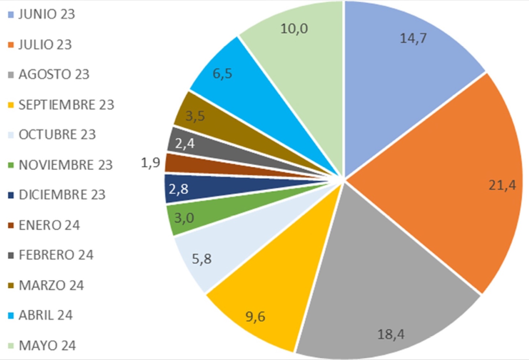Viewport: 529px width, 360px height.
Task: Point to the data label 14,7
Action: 413,38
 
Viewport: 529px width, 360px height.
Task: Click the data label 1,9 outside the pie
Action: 151,162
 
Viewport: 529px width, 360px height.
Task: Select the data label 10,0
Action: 294,29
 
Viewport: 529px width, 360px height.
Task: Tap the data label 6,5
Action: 222,74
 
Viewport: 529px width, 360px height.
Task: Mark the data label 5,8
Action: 202,259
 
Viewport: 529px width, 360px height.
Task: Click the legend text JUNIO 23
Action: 47,14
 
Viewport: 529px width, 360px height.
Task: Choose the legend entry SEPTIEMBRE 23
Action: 66,105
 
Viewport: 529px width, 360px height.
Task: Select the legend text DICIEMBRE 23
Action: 62,195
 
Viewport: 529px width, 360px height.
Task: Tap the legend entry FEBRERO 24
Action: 56,255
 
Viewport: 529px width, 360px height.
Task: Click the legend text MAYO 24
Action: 47,345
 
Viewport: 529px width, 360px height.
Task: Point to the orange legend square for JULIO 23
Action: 11,45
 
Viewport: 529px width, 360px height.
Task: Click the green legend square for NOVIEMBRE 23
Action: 11,165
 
